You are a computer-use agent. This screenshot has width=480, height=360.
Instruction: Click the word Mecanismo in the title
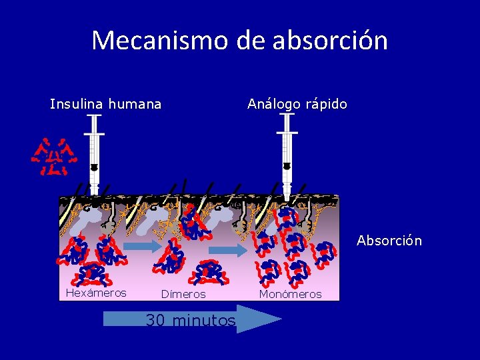pos(161,41)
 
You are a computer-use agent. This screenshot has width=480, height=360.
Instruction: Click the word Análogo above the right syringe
pos(273,104)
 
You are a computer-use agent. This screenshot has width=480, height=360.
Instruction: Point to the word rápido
pos(325,104)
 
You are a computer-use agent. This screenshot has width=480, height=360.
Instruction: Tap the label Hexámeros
pos(96,293)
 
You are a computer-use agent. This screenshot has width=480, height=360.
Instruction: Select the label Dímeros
pos(183,294)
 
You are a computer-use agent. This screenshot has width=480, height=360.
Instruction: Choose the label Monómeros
pos(290,294)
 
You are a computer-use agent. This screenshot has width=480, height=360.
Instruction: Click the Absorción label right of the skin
pos(389,241)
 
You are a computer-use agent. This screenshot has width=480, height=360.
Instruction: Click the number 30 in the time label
pos(155,321)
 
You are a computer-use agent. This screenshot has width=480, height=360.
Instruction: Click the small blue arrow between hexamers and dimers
pos(142,246)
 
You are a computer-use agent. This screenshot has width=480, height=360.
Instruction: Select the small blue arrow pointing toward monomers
pos(233,250)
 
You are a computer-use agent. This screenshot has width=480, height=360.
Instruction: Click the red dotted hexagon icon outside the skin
pos(54,157)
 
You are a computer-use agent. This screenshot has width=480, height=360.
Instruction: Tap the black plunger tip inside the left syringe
pos(94,167)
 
